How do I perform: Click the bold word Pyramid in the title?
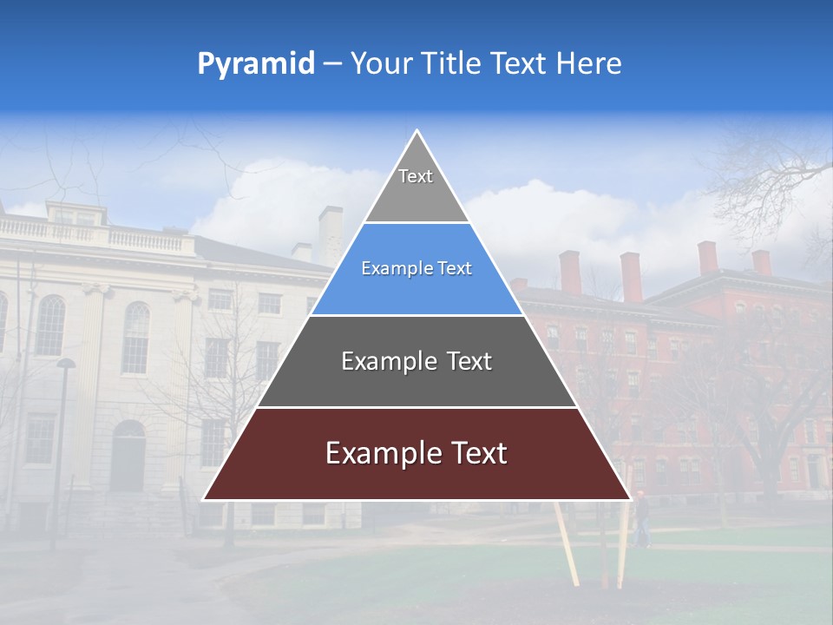256,64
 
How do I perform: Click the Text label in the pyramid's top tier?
416,176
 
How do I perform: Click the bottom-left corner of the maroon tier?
205,499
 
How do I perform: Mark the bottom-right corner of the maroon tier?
630,499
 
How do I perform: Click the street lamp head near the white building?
66,363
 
